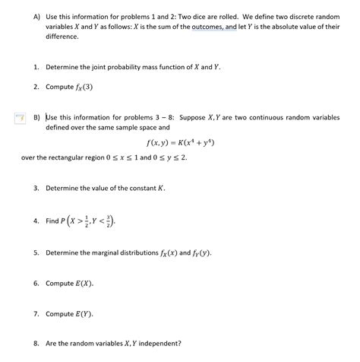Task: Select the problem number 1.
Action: pos(36,67)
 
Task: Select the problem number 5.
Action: pos(36,252)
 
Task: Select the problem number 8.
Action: pos(36,342)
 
